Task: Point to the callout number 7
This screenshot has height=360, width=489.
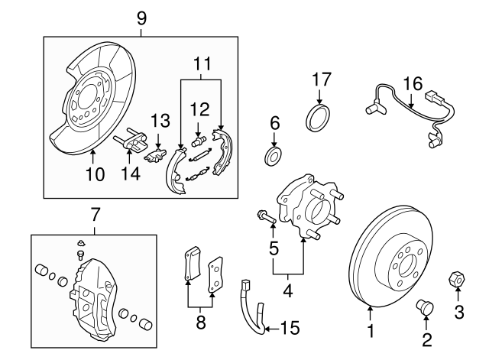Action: pyautogui.click(x=95, y=213)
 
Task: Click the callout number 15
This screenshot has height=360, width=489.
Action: pyautogui.click(x=290, y=329)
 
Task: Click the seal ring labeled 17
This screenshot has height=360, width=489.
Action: pyautogui.click(x=318, y=117)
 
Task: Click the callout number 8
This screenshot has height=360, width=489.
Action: pyautogui.click(x=201, y=323)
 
